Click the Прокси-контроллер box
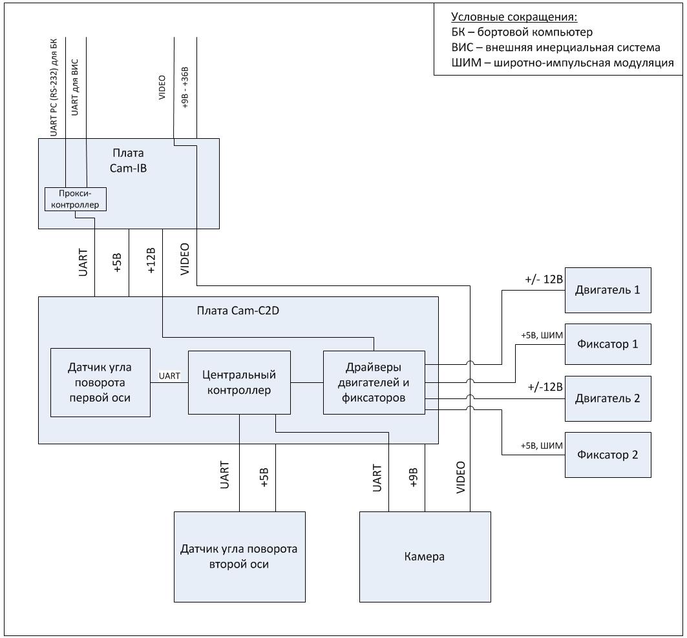(x=75, y=199)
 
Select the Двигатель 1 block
(x=608, y=290)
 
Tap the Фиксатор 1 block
(x=608, y=344)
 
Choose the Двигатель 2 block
(x=608, y=398)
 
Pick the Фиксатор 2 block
(x=608, y=455)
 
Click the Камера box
(x=424, y=556)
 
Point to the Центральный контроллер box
(x=239, y=382)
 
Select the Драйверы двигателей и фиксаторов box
(x=374, y=382)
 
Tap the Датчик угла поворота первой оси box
(x=100, y=382)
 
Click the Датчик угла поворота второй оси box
(x=239, y=556)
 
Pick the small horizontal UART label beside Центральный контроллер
(x=169, y=376)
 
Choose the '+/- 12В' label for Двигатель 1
(x=545, y=280)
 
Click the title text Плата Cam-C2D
(x=238, y=310)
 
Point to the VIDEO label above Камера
(x=460, y=478)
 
